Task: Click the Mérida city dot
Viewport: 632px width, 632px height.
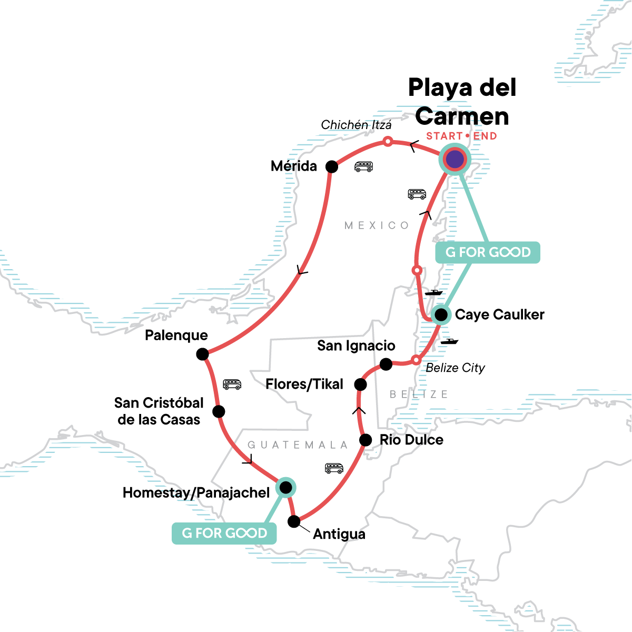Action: click(x=332, y=166)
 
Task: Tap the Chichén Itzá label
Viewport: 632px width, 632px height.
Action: click(x=357, y=125)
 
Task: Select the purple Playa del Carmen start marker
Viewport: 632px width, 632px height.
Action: click(x=455, y=159)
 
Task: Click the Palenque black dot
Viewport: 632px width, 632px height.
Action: click(x=202, y=354)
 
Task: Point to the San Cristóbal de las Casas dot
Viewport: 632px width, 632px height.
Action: click(x=219, y=411)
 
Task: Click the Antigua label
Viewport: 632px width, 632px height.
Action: click(x=339, y=534)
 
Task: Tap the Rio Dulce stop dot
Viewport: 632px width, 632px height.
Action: click(x=366, y=440)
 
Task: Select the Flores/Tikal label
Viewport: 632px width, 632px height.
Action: click(x=304, y=384)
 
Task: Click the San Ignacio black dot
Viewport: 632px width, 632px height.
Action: click(x=386, y=364)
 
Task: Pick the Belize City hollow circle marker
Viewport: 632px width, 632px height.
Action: click(x=416, y=360)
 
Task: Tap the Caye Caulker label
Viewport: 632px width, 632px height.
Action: click(x=500, y=315)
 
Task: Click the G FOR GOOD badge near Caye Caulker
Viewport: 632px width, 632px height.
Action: click(x=488, y=252)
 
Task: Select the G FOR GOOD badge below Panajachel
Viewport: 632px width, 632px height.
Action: click(x=224, y=533)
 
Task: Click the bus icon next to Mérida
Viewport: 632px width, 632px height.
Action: click(x=364, y=167)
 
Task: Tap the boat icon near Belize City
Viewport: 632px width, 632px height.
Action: click(x=449, y=341)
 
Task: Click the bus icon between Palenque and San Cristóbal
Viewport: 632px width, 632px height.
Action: click(x=232, y=384)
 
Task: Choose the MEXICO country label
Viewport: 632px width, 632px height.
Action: click(x=377, y=225)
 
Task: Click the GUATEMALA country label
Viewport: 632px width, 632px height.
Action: click(x=298, y=445)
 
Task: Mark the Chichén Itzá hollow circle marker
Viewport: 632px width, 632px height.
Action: click(x=388, y=141)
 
